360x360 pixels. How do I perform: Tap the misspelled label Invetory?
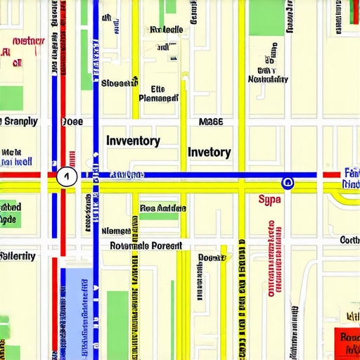click(209, 152)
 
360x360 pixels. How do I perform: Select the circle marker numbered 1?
click(67, 177)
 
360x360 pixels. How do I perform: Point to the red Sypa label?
click(270, 200)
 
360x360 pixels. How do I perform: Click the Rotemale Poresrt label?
click(146, 246)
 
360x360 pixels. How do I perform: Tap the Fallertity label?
click(18, 256)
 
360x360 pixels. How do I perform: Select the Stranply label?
click(19, 121)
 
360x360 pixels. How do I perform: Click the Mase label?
click(211, 121)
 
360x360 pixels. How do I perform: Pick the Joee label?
click(72, 121)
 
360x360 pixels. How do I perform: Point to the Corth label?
click(349, 240)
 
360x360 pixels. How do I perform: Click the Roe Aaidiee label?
click(163, 208)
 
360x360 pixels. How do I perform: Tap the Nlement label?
click(116, 231)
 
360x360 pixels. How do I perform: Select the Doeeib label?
click(212, 257)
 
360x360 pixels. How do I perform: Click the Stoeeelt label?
click(119, 83)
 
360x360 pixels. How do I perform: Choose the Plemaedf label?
click(158, 98)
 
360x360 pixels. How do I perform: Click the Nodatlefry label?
click(268, 79)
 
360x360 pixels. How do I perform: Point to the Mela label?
click(11, 151)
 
